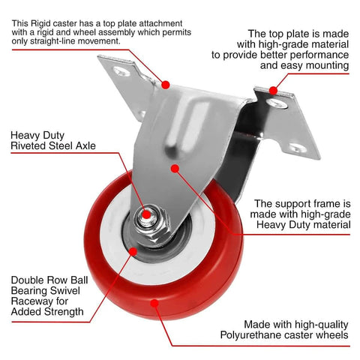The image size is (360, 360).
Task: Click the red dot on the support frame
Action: pos(175,170)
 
